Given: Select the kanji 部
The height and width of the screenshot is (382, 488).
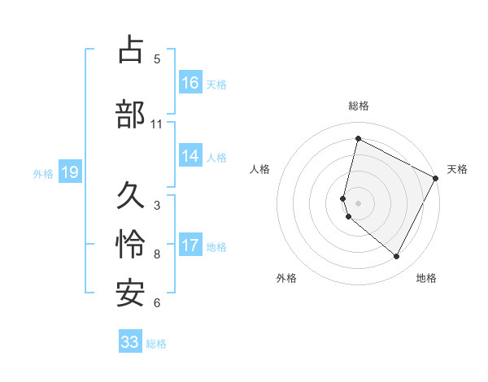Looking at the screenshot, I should point(131,114).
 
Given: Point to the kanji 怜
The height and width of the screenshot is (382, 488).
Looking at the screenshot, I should point(131,245).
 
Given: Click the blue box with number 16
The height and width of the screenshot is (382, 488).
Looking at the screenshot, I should point(190,82).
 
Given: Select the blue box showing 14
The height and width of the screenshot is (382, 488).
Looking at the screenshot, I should point(190,156).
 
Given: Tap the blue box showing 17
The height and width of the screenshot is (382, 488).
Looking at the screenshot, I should point(190,245).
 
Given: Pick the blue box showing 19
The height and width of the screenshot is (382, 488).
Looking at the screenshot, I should point(69,172).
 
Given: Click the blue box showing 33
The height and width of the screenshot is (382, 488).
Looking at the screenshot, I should point(130,342).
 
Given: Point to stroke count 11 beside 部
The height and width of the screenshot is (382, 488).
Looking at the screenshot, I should point(157,124).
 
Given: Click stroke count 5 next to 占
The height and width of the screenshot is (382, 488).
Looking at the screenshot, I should point(157,59).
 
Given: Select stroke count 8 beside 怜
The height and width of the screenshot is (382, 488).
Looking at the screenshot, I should point(157,254).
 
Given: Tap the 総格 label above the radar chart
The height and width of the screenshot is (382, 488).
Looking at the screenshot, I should point(359,106).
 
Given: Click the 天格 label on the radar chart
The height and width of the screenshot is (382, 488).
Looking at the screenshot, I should point(457,169).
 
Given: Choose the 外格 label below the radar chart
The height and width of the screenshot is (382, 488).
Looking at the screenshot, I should point(286,278).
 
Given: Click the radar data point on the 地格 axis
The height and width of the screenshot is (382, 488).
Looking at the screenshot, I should point(397,257).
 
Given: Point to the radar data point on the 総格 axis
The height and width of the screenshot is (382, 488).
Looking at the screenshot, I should point(358,139).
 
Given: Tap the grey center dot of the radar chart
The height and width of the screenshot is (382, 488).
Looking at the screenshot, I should point(358,202).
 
